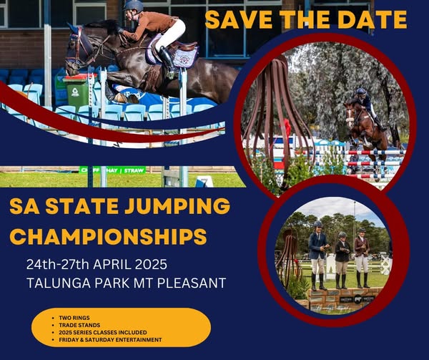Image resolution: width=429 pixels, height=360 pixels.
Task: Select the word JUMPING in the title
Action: (177, 206)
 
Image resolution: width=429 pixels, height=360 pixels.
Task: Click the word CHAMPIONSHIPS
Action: (108, 236)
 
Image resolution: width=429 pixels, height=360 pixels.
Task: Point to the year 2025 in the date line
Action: (151, 265)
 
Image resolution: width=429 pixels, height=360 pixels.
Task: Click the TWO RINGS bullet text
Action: (74, 318)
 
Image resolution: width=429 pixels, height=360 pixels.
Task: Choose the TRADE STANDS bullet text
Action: (79, 325)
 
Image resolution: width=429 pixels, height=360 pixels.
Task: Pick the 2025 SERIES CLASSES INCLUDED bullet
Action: (103, 332)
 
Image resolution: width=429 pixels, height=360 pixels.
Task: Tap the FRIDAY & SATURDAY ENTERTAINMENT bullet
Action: (110, 340)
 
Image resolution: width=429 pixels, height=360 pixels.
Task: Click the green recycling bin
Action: (77, 92)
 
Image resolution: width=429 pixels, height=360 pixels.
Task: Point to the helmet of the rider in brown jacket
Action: (134, 6)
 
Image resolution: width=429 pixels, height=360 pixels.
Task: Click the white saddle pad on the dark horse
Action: (186, 58)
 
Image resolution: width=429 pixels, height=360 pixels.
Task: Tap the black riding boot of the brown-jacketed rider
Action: (167, 61)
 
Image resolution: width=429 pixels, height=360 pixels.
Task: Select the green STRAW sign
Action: (134, 170)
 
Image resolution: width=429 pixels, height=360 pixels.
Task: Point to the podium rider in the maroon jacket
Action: (362, 258)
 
